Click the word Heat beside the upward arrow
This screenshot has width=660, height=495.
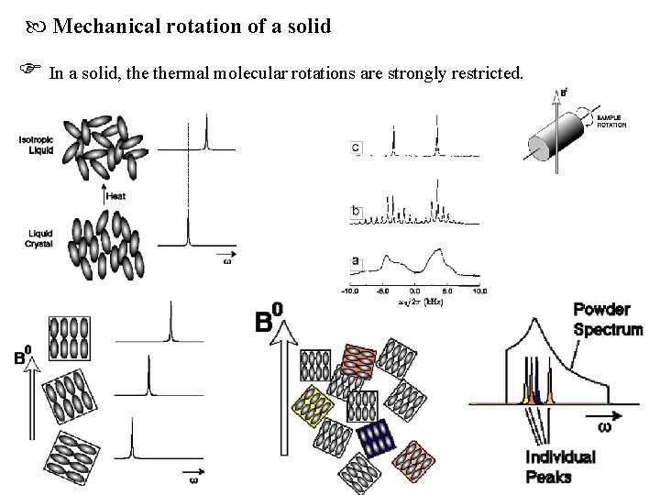(x=116, y=195)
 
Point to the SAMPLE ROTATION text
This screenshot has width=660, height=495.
(x=610, y=122)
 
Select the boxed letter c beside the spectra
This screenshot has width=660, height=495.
(x=356, y=148)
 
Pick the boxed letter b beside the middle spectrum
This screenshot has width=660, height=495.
(x=356, y=212)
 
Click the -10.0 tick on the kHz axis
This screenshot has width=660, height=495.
(x=349, y=291)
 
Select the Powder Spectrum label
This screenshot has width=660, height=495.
(x=608, y=318)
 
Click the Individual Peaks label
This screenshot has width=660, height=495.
(x=560, y=466)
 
